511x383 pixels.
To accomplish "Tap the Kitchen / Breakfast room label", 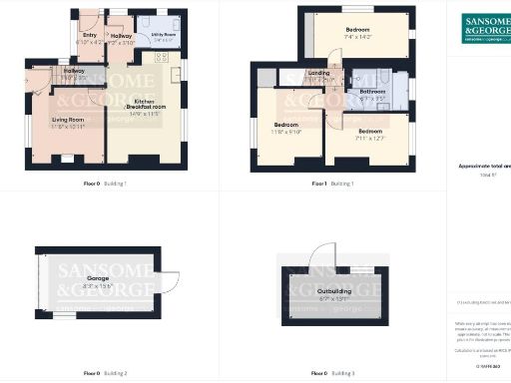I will (144, 107).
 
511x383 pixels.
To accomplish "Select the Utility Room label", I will (164, 35).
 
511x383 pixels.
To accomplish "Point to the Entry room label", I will (89, 38).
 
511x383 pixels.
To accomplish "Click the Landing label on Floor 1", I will (319, 75).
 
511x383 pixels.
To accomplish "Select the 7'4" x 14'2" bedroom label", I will (357, 32).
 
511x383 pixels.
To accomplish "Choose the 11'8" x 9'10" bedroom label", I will (286, 127).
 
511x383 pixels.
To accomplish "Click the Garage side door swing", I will (168, 283).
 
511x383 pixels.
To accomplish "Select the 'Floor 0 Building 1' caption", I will (104, 184).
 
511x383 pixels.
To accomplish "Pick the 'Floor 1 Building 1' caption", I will (333, 184).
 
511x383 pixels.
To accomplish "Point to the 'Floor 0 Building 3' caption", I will (333, 373).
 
